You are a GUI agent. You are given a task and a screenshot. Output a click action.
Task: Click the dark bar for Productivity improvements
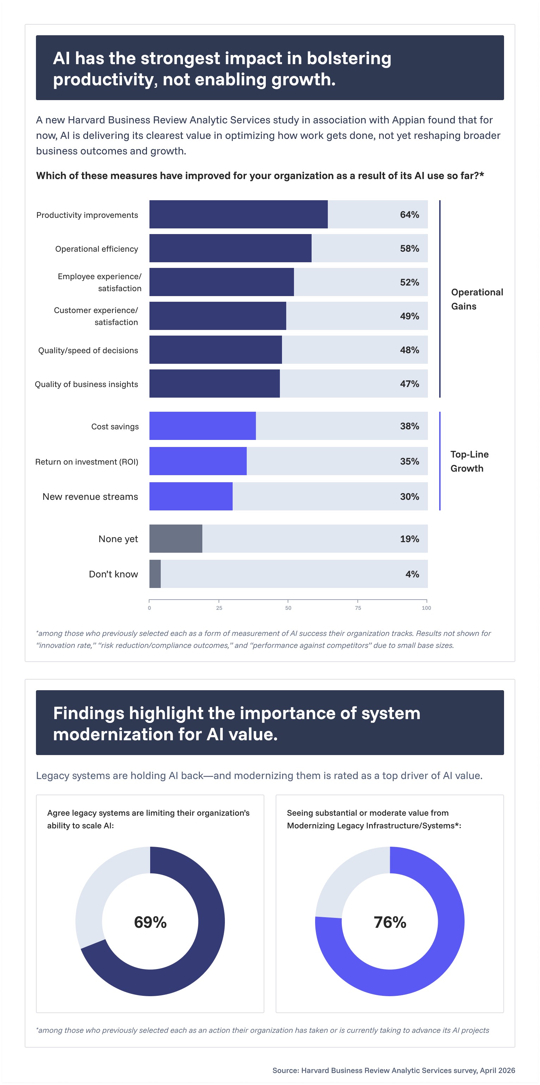[238, 214]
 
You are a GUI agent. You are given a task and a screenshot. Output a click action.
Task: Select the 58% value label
[410, 249]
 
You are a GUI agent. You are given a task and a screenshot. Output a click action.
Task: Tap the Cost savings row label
[115, 426]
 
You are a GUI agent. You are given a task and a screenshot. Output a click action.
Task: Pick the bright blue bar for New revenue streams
[191, 496]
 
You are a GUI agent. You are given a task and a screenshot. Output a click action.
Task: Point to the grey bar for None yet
[176, 538]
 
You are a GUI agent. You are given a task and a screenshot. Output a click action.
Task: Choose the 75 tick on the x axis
[358, 608]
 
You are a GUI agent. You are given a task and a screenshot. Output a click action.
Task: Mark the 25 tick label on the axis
[219, 608]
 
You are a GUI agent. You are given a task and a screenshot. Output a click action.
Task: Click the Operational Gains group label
[477, 299]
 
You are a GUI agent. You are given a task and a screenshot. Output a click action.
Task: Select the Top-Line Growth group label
[469, 461]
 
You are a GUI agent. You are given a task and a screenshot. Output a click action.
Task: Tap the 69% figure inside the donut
[151, 922]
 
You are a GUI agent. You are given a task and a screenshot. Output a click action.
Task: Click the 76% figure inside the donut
[390, 922]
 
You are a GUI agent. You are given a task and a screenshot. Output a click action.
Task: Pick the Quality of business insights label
[86, 384]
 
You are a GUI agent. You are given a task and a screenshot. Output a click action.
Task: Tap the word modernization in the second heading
[113, 735]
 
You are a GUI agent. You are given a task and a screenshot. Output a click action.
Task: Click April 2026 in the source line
[497, 1070]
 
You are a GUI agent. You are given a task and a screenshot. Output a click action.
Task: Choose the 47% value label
[410, 384]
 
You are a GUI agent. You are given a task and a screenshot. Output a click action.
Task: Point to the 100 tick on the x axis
[426, 608]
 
